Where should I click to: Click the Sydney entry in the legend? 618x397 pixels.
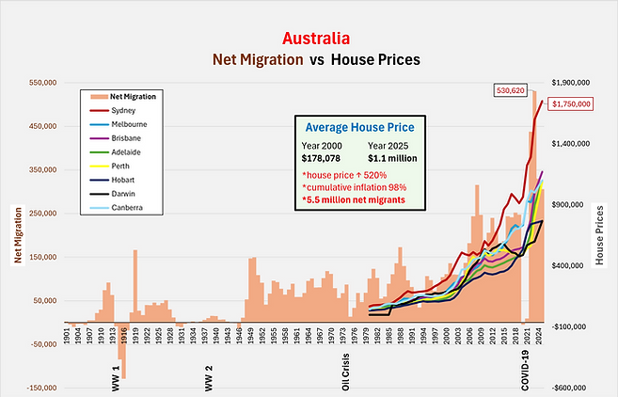[123, 110]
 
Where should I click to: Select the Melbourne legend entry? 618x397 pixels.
[129, 124]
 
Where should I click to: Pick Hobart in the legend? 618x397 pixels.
[123, 179]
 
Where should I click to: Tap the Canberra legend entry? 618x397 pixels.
[127, 206]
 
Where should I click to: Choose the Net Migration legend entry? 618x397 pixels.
[133, 96]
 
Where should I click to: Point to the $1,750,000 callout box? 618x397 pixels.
[571, 105]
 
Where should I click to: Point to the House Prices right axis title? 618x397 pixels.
[600, 234]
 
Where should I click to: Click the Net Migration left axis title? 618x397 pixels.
[15, 234]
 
